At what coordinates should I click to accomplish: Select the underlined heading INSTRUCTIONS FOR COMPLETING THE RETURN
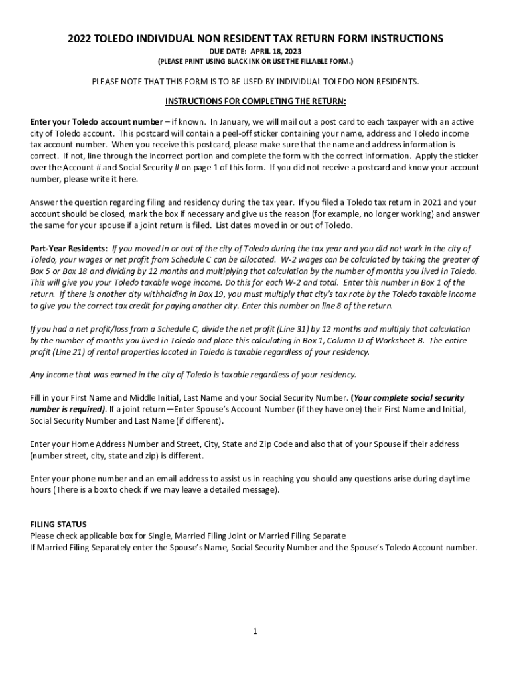click(256, 101)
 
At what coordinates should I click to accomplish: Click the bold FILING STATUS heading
click(58, 524)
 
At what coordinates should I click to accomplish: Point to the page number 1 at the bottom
click(255, 631)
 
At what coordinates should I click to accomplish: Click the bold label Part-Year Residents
click(68, 248)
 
